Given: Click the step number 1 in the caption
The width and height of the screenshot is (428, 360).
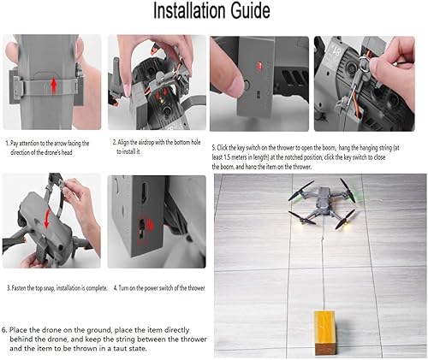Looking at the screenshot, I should [7, 144].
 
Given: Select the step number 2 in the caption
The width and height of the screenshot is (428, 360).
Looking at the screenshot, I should [115, 142].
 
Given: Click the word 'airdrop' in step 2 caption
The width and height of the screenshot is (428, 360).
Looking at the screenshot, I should [147, 142].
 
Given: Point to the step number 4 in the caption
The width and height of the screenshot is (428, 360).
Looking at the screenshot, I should [116, 289].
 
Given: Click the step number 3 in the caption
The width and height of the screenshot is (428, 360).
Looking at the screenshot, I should [8, 289].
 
